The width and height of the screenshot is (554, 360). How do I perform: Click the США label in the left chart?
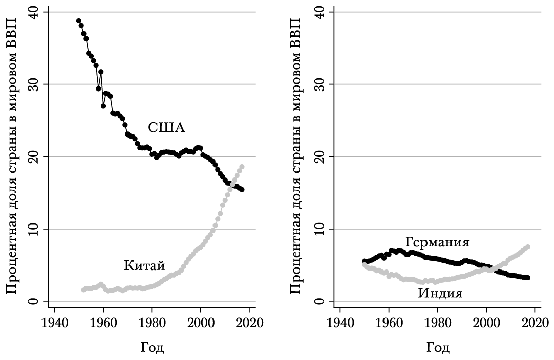click(x=166, y=128)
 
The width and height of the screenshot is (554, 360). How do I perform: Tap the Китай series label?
click(x=145, y=265)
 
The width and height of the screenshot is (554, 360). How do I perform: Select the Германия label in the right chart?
click(x=437, y=242)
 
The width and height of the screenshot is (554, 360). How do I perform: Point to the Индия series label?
click(x=440, y=293)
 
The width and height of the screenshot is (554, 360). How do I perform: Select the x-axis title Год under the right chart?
click(x=438, y=348)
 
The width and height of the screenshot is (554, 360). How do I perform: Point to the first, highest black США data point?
click(x=79, y=21)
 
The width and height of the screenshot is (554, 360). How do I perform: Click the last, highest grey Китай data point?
click(x=242, y=167)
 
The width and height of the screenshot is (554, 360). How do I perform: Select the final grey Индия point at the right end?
click(x=528, y=247)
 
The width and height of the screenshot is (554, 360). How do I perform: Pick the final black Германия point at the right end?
click(x=528, y=278)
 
